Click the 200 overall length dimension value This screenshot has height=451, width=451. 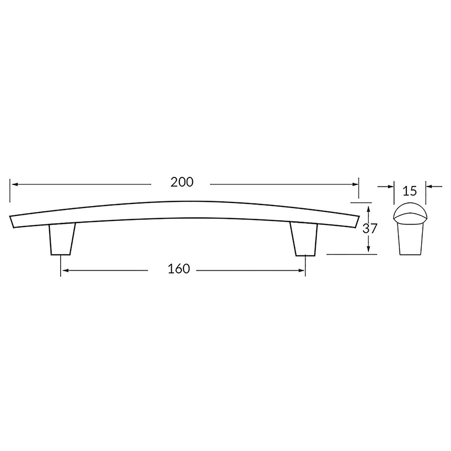pos(182,182)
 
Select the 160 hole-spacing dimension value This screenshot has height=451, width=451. pos(179,269)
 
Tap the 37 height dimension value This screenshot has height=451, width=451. pos(369,229)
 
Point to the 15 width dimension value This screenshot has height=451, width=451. pos(410,191)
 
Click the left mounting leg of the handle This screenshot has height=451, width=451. pos(62,239)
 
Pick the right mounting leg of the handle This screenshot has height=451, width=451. pos(304,239)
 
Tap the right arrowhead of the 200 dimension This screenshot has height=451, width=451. pos(355,184)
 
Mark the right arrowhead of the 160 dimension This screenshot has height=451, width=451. pos(302,271)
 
